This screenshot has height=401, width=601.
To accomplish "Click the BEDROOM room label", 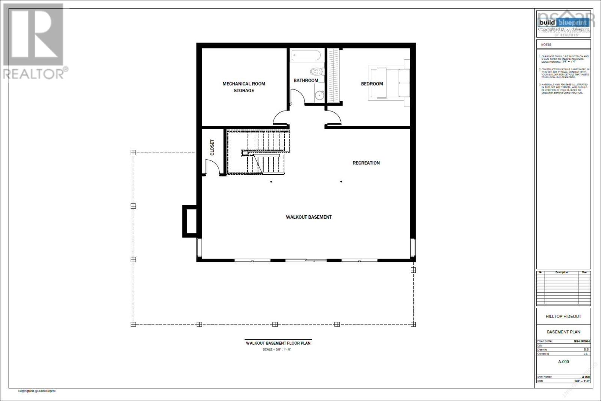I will point(372,84).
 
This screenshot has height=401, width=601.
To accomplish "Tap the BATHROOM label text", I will point(306,80).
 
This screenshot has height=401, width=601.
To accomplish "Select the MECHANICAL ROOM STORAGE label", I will point(244,87).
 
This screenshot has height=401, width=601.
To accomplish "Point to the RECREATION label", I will point(366,163).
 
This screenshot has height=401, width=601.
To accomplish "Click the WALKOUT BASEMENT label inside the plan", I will point(308,217).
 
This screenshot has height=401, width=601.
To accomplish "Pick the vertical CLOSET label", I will point(212,147).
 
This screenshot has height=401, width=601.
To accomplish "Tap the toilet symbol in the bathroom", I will point(317,71).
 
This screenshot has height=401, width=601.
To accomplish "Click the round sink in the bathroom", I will point(319,95).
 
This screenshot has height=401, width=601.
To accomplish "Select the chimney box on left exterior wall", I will point(189,221).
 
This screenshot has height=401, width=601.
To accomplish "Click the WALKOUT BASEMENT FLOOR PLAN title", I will point(278,343).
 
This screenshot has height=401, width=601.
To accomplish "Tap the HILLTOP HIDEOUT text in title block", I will point(563,316).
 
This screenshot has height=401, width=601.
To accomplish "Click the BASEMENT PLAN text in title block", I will point(563,332).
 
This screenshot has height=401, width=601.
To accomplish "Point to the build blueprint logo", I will point(563,23).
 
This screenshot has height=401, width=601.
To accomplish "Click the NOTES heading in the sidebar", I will point(546,45).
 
